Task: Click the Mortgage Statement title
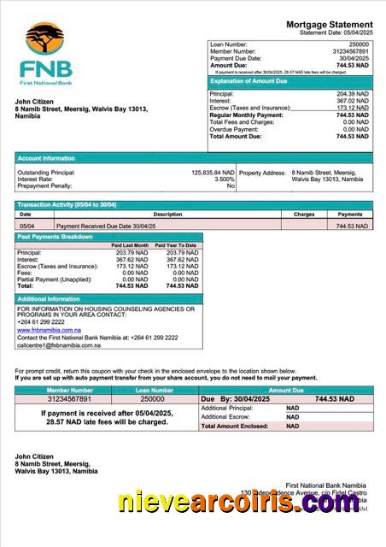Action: point(329,24)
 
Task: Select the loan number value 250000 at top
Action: point(359,44)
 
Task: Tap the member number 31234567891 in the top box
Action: point(350,50)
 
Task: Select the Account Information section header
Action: point(46,158)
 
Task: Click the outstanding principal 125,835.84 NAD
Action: point(213,172)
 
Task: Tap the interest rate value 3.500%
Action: point(225,179)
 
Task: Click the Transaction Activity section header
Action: point(67,205)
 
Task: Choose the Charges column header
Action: point(304,215)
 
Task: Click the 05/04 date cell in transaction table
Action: point(26,226)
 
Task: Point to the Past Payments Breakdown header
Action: point(56,237)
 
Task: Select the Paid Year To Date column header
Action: point(178,245)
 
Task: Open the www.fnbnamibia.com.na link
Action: point(49,329)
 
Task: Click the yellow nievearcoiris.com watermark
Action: point(238,504)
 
